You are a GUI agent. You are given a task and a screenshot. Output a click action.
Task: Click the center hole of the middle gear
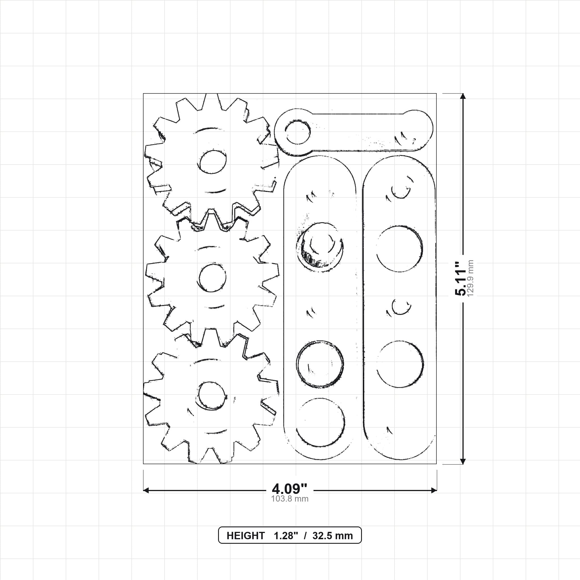tap(212, 278)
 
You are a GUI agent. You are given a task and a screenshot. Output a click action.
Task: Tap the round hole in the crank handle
tap(298, 132)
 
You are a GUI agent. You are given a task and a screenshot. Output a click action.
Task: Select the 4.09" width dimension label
tap(290, 489)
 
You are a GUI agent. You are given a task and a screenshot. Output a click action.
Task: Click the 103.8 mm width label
tap(290, 499)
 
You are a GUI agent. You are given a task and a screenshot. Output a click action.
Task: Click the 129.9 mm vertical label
tap(470, 278)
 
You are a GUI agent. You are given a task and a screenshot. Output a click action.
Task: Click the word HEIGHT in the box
tap(246, 536)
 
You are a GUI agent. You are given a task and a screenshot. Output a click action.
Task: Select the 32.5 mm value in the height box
tap(333, 536)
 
